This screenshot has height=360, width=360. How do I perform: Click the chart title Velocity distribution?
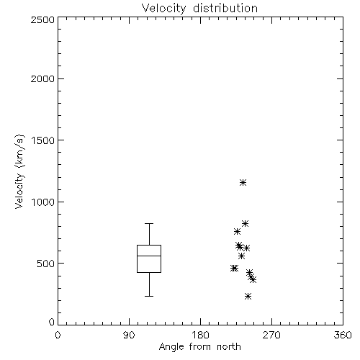tap(199, 9)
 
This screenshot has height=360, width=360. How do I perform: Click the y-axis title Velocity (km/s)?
tap(19, 171)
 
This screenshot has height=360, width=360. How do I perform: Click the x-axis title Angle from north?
tap(199, 347)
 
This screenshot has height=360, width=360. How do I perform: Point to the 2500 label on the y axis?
tap(42, 19)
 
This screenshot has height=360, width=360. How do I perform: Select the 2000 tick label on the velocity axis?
tap(42, 78)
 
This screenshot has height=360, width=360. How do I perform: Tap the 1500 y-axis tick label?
tap(43, 140)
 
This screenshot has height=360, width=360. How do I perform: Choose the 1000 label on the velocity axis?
tap(43, 202)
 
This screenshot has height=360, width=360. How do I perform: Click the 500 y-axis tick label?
tap(46, 264)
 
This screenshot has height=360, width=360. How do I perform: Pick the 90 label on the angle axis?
tap(129, 335)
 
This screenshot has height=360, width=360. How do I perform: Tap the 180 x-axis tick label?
tap(200, 335)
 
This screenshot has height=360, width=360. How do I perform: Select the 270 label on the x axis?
tap(271, 335)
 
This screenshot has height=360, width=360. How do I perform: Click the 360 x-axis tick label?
tap(343, 335)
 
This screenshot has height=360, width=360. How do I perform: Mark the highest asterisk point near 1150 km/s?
tap(243, 183)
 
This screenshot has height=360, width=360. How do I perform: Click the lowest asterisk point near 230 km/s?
tap(248, 297)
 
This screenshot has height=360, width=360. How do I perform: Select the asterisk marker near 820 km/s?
tap(245, 224)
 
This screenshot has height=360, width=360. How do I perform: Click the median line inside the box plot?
tap(149, 256)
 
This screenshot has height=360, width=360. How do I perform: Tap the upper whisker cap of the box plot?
tap(149, 223)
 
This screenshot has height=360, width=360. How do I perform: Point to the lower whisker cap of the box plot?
tap(149, 296)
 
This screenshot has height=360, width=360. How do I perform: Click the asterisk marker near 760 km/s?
tap(237, 232)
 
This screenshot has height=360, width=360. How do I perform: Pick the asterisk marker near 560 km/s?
tap(241, 256)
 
